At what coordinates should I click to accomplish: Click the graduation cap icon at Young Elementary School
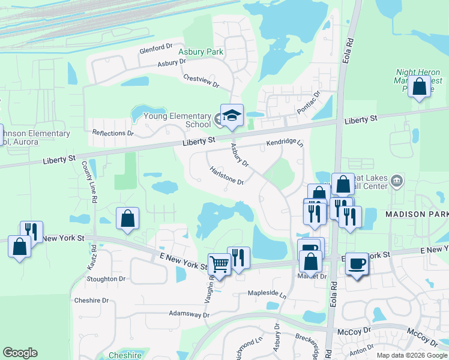231,115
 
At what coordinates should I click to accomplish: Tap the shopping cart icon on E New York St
218,263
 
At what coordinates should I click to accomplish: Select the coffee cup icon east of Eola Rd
357,263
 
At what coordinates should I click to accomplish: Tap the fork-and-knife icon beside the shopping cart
238,258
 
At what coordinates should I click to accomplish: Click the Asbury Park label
201,52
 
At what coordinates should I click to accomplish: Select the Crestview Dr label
201,81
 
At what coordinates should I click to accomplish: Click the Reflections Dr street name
112,133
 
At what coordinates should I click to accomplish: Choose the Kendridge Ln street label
285,143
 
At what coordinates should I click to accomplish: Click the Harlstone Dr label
226,176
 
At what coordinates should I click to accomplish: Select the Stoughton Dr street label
106,279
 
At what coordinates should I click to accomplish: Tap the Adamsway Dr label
188,314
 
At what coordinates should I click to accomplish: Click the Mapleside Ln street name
267,294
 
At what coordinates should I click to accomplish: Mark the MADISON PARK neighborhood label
417,214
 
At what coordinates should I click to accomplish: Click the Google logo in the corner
20,353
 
